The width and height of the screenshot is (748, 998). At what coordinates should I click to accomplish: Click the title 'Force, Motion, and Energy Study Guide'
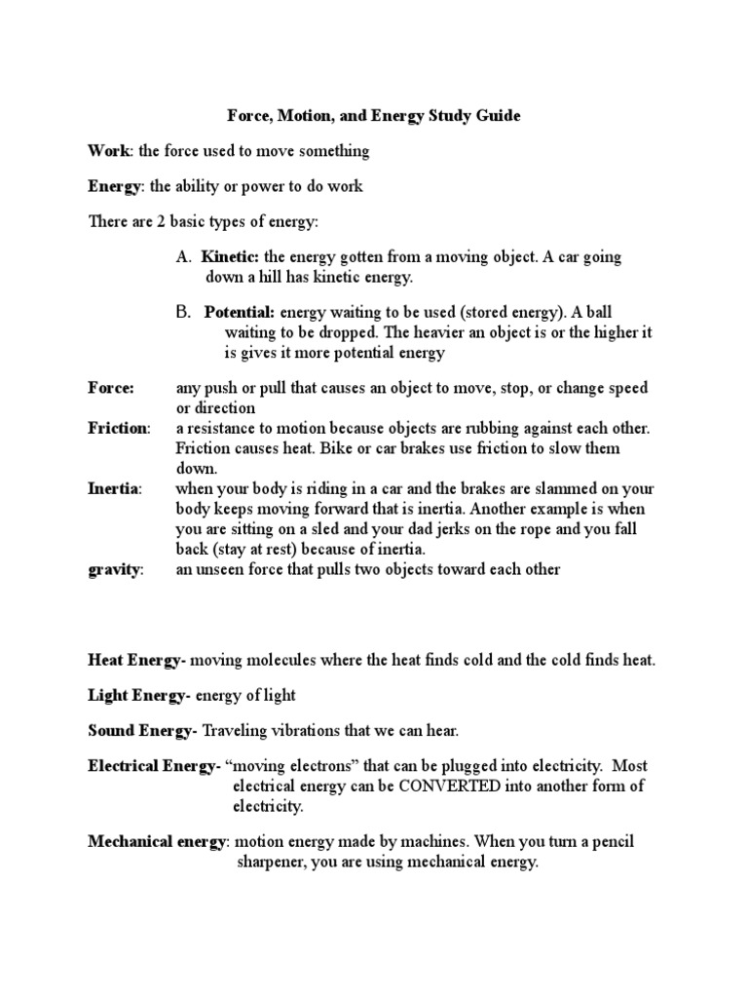(374, 116)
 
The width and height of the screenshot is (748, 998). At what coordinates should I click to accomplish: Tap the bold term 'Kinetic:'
(231, 257)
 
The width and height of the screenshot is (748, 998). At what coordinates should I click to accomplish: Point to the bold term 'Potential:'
(241, 314)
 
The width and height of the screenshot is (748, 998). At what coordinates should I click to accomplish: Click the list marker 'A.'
(184, 257)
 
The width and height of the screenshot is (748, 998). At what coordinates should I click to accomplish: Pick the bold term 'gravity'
(115, 569)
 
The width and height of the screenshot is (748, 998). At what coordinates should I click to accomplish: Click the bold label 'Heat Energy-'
(136, 661)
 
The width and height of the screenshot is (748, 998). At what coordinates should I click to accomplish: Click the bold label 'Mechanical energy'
(158, 842)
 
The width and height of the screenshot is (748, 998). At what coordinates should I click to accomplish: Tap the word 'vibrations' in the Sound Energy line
(301, 730)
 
